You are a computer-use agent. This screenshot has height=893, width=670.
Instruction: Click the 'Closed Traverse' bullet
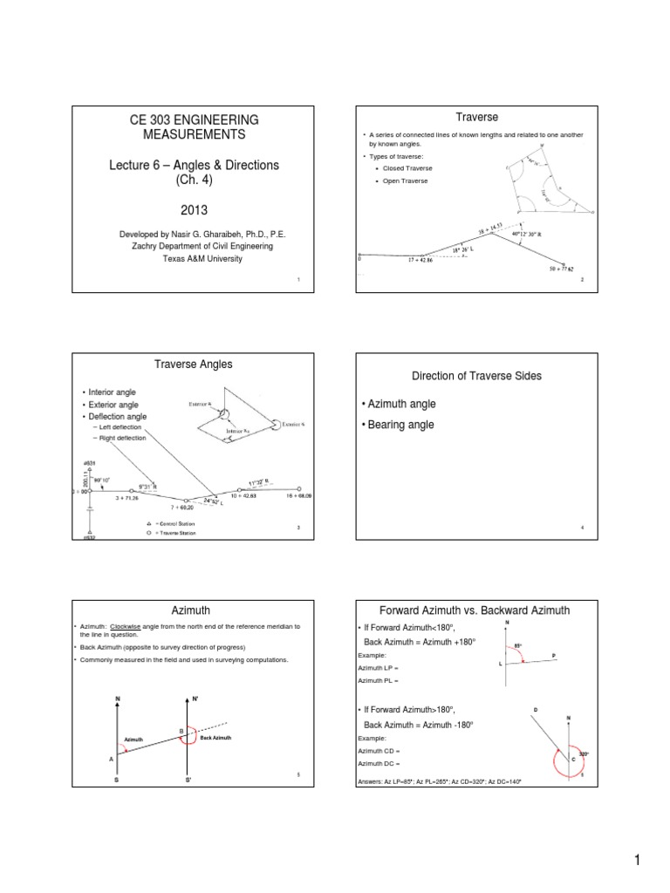tap(403, 167)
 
